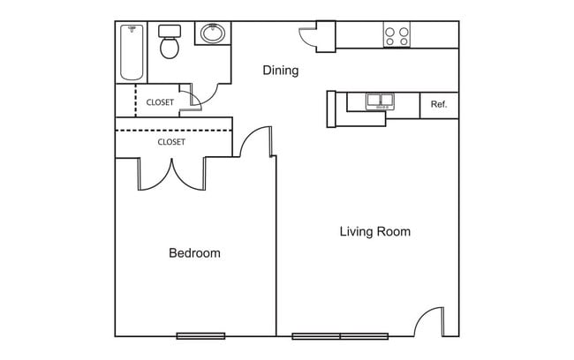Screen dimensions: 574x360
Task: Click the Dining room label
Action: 281,71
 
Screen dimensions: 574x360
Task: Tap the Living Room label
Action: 375,231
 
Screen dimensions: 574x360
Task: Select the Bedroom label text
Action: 195,253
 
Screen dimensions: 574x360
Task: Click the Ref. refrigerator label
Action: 439,104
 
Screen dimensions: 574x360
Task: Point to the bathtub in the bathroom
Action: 132,52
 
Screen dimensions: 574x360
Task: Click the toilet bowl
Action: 170,48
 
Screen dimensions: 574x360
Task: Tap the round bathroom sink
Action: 213,34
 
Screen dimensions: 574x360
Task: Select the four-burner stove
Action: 397,34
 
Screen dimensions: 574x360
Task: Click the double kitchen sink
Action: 381,101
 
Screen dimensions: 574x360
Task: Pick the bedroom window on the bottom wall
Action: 200,336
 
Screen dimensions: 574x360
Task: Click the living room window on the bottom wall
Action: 340,336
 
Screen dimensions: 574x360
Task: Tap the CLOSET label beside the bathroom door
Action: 160,102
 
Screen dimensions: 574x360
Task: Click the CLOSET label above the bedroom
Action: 171,142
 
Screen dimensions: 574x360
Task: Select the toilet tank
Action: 170,31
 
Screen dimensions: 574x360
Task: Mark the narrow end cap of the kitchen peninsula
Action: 331,109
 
